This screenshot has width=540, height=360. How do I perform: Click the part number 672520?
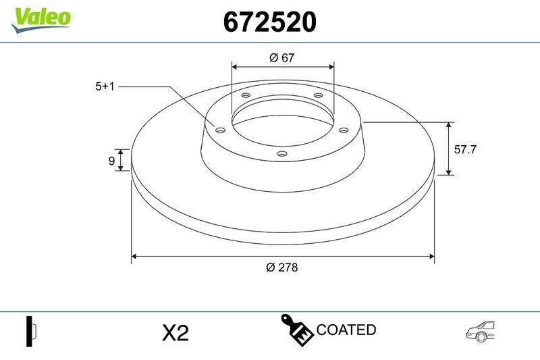click(269, 23)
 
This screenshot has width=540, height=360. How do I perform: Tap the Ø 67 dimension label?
click(282, 58)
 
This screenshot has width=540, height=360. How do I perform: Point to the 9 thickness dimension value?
click(111, 161)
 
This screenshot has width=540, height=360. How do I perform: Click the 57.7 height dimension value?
click(465, 150)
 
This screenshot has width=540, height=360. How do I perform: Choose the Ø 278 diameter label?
click(282, 267)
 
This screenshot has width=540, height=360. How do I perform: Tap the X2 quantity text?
click(175, 333)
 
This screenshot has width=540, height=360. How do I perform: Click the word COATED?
click(346, 330)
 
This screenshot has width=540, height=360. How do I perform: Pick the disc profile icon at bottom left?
click(31, 331)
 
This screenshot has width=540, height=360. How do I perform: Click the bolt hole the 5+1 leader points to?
click(219, 130)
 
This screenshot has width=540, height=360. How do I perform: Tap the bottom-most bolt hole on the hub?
click(282, 155)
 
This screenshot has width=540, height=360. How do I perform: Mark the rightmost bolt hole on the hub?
click(343, 130)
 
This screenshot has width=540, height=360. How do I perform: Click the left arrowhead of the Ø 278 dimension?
click(134, 256)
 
